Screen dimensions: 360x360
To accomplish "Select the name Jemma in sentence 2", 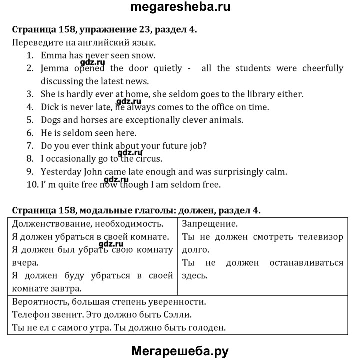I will click(x=54, y=68).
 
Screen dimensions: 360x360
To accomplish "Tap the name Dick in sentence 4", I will click(x=50, y=107).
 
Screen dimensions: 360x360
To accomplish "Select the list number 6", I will click(x=30, y=133).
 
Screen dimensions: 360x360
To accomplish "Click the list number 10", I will click(x=32, y=185).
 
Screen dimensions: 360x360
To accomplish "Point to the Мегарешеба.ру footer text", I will click(x=179, y=350).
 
